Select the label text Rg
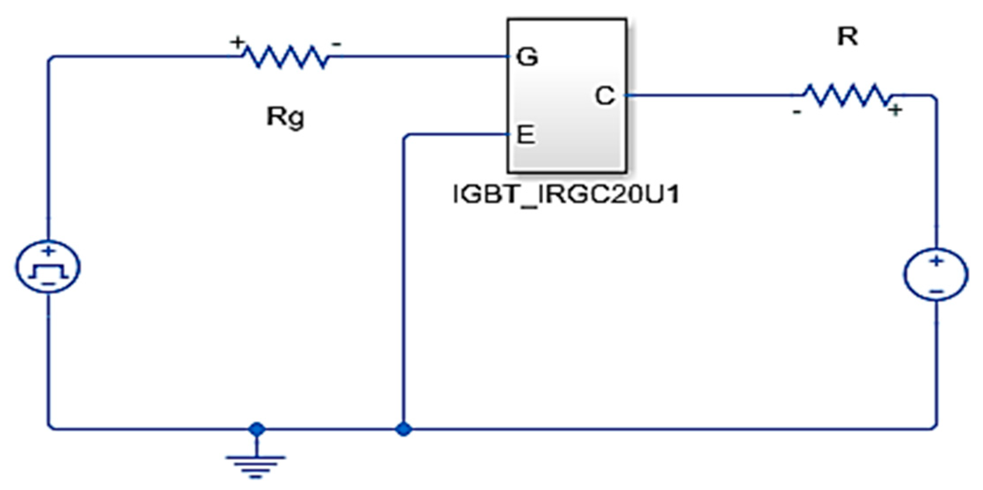tap(286, 118)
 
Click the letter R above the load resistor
tap(847, 38)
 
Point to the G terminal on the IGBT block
tap(527, 57)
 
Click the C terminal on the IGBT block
tap(605, 96)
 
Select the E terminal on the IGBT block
tap(526, 135)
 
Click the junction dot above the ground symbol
tap(257, 429)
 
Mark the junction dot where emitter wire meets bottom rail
tap(403, 429)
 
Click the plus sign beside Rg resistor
tap(237, 43)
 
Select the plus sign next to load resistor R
tap(896, 110)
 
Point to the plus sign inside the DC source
tap(936, 261)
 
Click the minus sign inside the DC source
tap(936, 291)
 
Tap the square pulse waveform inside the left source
tap(48, 272)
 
